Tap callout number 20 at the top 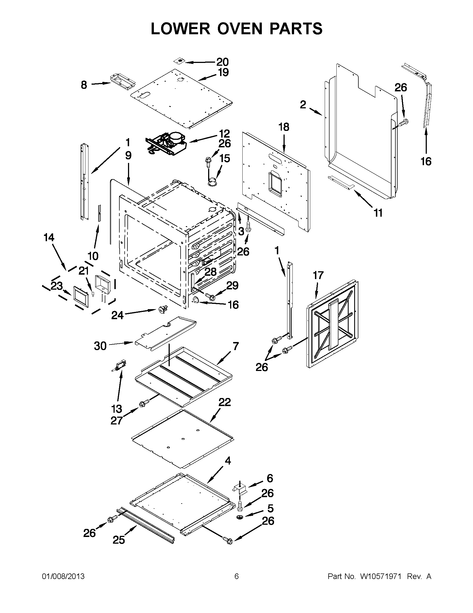[x=222, y=62]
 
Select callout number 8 [x=84, y=85]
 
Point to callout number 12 [x=224, y=133]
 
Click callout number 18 [x=284, y=127]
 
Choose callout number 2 [x=303, y=105]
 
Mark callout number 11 [x=378, y=213]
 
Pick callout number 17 [x=318, y=275]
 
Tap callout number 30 [x=100, y=346]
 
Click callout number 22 [x=225, y=402]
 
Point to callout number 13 [x=117, y=409]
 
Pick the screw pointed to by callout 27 [x=143, y=404]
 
